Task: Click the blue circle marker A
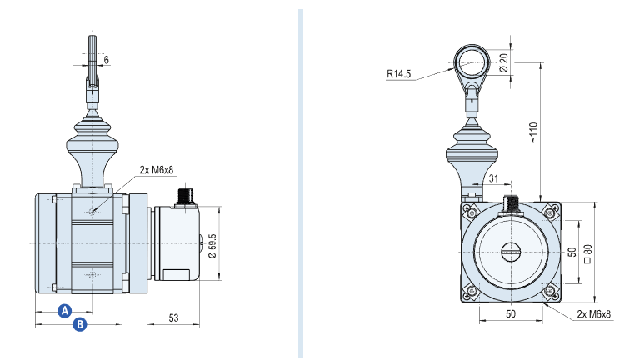64,311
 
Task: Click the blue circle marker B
80,324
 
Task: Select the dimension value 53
173,317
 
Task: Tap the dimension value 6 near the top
106,60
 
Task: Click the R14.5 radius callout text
398,74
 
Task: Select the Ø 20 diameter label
504,63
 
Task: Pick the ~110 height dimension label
533,132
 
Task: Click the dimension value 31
493,178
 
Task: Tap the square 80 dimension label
588,253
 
